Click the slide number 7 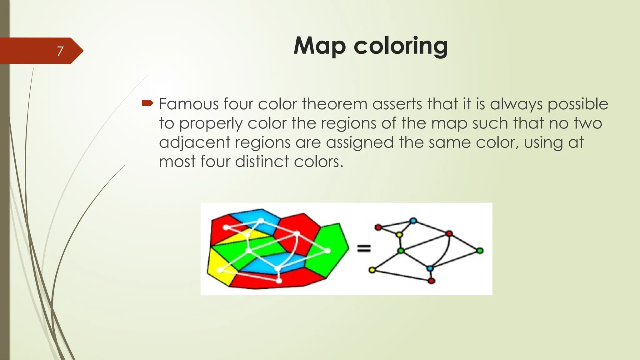[x=60, y=51]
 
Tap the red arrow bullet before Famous [x=147, y=103]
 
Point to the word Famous [x=189, y=104]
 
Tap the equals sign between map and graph [x=364, y=248]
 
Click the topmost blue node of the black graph [x=413, y=221]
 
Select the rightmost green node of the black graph [x=480, y=250]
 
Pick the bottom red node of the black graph [x=431, y=281]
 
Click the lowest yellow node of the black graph [x=372, y=270]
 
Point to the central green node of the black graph [x=401, y=251]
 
